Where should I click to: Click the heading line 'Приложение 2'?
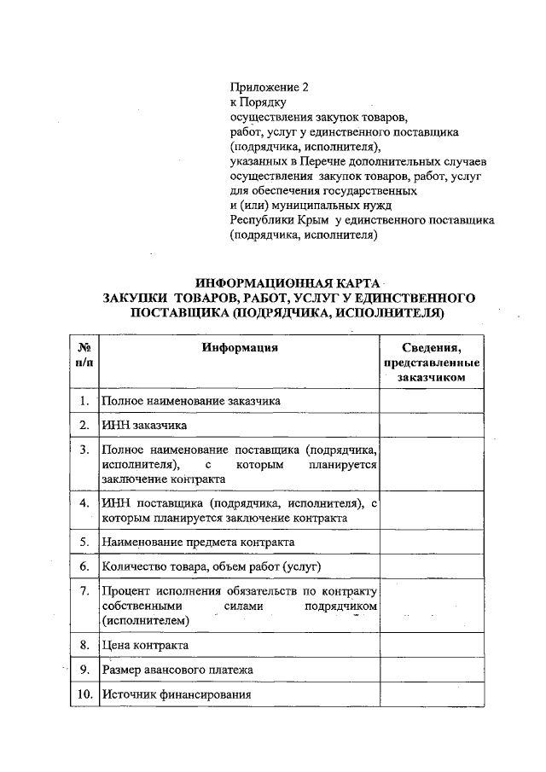pos(268,86)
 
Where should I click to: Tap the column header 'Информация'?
pos(240,347)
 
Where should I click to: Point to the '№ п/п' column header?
pos(84,355)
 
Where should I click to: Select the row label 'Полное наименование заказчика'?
pos(190,400)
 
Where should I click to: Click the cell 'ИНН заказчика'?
pos(144,425)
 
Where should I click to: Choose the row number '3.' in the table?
pos(84,449)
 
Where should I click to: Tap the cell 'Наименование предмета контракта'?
pos(198,542)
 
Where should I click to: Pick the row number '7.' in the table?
pos(84,590)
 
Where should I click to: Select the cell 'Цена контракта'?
pos(145,645)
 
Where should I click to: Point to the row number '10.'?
pos(84,694)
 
